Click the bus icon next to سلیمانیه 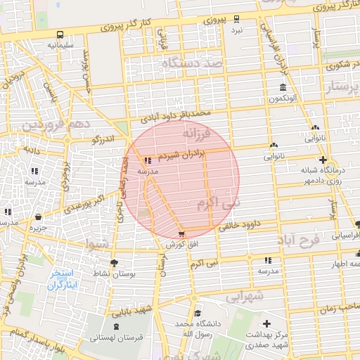tap(60, 34)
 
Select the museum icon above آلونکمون tap(282, 88)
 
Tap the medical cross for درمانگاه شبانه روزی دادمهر tap(323, 160)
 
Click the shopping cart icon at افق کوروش tap(182, 233)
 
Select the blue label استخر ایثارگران tap(65, 279)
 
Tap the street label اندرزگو tap(103, 140)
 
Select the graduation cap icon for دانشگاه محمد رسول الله tap(198, 314)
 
